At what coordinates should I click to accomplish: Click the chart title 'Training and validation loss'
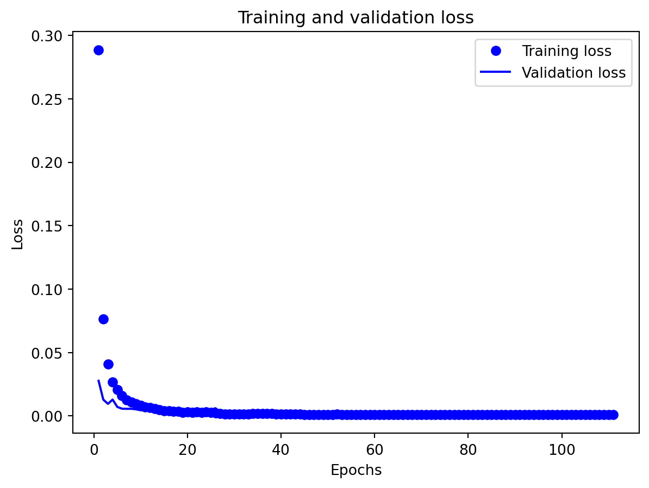click(355, 18)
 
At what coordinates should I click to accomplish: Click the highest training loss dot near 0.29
click(98, 50)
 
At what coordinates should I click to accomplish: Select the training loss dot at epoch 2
click(103, 319)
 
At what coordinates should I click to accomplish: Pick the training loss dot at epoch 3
click(108, 364)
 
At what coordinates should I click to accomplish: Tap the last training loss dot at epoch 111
click(613, 415)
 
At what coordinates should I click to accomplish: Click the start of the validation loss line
click(98, 380)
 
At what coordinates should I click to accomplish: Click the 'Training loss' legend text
click(566, 52)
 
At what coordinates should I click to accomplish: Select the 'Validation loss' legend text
click(573, 73)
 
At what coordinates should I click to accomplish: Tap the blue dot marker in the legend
click(496, 52)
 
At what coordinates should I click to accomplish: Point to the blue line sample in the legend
click(496, 73)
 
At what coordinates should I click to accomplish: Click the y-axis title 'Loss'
click(18, 234)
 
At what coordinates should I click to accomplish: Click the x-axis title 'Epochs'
click(356, 471)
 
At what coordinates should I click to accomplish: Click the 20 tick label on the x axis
click(188, 451)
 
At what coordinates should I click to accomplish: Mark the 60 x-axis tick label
click(375, 451)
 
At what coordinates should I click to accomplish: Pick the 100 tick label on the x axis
click(561, 451)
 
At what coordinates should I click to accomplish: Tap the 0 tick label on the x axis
click(94, 451)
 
